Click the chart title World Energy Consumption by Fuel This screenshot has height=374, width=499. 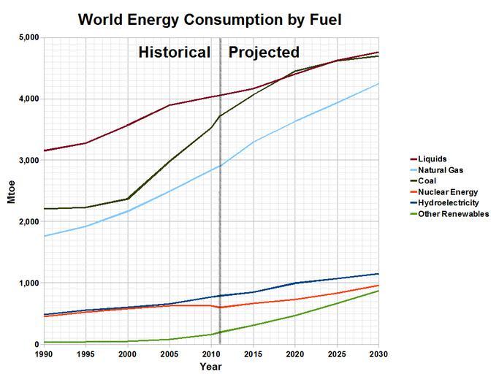(x=210, y=19)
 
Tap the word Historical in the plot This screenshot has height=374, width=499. (x=175, y=53)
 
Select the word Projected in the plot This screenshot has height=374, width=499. (x=264, y=53)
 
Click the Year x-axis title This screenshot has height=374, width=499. (x=210, y=367)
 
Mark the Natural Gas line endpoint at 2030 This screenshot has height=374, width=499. (x=378, y=83)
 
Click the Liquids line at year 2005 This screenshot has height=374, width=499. (x=169, y=105)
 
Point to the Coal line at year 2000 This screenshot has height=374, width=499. (x=128, y=199)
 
